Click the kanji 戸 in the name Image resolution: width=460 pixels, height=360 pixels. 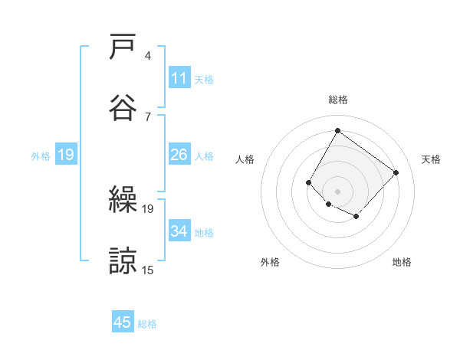coord(123,47)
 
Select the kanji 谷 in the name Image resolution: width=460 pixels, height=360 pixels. coord(123,106)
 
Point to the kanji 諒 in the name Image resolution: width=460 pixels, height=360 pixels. coord(123,260)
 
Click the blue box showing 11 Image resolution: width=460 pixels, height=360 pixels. coord(179,78)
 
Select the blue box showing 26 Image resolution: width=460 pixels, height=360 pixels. coord(179,155)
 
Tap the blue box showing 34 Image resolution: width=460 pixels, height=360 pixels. coord(179,231)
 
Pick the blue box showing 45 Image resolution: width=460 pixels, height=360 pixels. coord(123,322)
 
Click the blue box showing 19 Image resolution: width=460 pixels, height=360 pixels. coord(66,155)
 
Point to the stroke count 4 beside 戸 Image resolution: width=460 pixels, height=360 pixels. coord(148,56)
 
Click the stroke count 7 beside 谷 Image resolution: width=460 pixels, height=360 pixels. coord(148,116)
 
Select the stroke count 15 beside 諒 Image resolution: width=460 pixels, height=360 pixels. coord(148,270)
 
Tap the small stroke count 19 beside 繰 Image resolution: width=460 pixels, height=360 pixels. coord(148,208)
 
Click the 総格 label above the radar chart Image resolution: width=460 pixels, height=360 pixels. coord(337,100)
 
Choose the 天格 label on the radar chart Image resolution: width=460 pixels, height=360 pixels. coord(431,159)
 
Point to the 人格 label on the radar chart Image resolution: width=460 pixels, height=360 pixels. coord(245,159)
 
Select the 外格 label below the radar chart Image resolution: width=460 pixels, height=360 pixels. coord(270,263)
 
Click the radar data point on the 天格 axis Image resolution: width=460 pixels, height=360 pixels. coord(396,172)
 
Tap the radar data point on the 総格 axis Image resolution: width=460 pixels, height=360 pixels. coord(337,130)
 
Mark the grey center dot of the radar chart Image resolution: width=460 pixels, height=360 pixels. coord(337,191)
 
